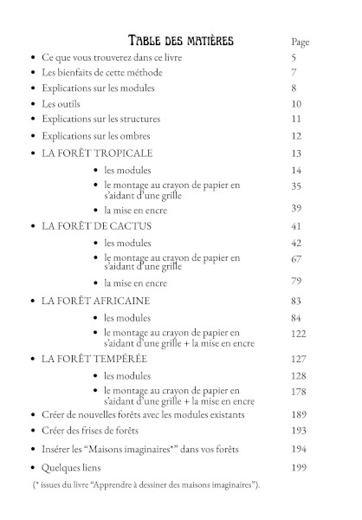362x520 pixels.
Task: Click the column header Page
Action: [x=300, y=42]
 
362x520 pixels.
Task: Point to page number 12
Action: [x=296, y=136]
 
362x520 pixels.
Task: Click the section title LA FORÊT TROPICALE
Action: [x=98, y=153]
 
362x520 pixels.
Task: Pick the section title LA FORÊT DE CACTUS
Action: [x=96, y=225]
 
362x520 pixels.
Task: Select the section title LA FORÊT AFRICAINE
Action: [x=95, y=300]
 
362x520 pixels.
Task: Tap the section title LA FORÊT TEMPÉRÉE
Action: [x=94, y=358]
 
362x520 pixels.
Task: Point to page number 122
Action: [x=299, y=334]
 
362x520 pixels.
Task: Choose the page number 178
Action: [x=299, y=392]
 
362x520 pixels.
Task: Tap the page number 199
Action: [x=299, y=468]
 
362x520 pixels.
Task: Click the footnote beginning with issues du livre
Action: [x=147, y=485]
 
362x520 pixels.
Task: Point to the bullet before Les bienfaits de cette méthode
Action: [x=32, y=73]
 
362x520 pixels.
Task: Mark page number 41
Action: [x=296, y=225]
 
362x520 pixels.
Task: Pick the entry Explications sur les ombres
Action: [x=96, y=136]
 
